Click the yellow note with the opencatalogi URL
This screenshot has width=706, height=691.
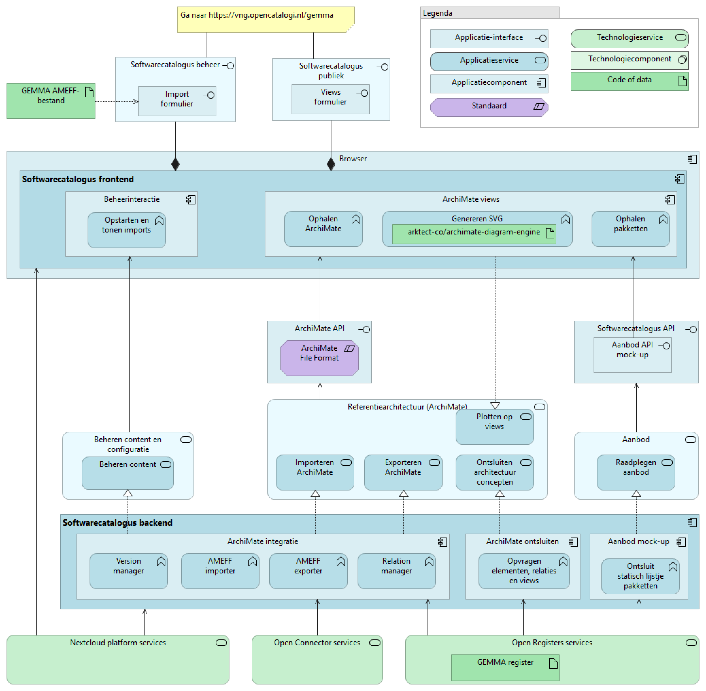click(x=265, y=19)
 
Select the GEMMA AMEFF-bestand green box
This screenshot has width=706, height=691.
click(x=51, y=101)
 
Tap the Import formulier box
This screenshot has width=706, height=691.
click(x=177, y=101)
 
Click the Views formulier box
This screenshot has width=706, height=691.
click(x=330, y=99)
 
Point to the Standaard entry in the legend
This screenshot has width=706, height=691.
click(x=489, y=107)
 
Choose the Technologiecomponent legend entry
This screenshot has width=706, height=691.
click(x=630, y=60)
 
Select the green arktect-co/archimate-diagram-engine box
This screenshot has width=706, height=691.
click(x=474, y=234)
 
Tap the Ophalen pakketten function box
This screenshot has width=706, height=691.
click(x=630, y=229)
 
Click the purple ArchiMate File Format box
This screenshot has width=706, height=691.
click(x=319, y=358)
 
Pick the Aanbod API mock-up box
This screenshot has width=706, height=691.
click(x=632, y=355)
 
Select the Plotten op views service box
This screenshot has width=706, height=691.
click(x=494, y=426)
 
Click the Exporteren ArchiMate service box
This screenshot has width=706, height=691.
click(x=403, y=472)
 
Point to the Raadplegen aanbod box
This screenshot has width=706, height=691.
click(x=635, y=472)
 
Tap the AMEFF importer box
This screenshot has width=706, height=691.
click(x=220, y=570)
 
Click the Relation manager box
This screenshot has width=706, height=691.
click(x=396, y=570)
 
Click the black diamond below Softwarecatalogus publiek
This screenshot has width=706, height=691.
click(x=331, y=164)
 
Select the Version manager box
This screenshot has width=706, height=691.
click(x=128, y=570)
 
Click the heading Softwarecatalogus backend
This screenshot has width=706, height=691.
click(x=117, y=522)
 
